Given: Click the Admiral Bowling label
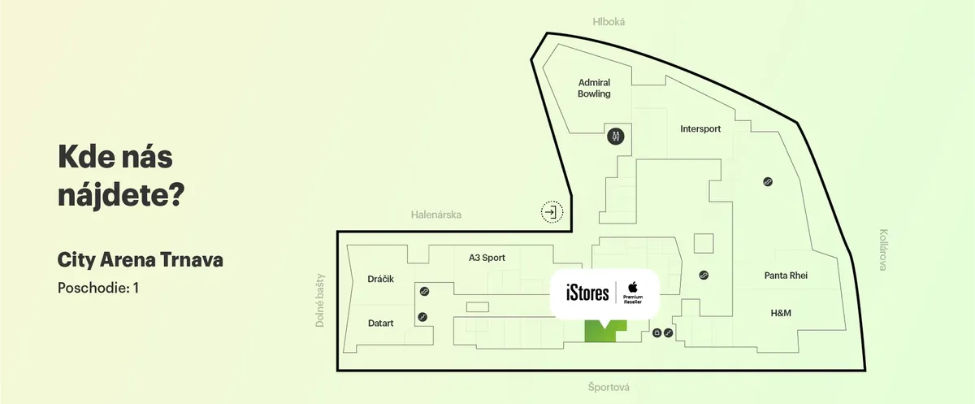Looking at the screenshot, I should pyautogui.click(x=594, y=88).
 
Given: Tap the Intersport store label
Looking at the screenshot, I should pyautogui.click(x=700, y=128).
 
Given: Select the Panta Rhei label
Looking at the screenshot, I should pyautogui.click(x=786, y=276).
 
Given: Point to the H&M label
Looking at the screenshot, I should pyautogui.click(x=781, y=313).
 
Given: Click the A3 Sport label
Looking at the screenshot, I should pyautogui.click(x=487, y=258).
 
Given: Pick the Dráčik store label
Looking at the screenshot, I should pyautogui.click(x=380, y=279).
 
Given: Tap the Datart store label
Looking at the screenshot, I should pyautogui.click(x=380, y=323).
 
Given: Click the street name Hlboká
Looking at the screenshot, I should pyautogui.click(x=609, y=22).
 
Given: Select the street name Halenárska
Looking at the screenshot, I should pyautogui.click(x=436, y=215).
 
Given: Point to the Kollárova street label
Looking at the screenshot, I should pyautogui.click(x=883, y=249).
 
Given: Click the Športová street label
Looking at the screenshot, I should pyautogui.click(x=609, y=388).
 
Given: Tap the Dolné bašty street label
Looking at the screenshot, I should pyautogui.click(x=320, y=300).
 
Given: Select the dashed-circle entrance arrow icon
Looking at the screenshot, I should pyautogui.click(x=552, y=212).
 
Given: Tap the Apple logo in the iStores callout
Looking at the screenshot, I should pyautogui.click(x=632, y=285).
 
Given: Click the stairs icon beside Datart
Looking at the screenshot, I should pyautogui.click(x=422, y=317).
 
